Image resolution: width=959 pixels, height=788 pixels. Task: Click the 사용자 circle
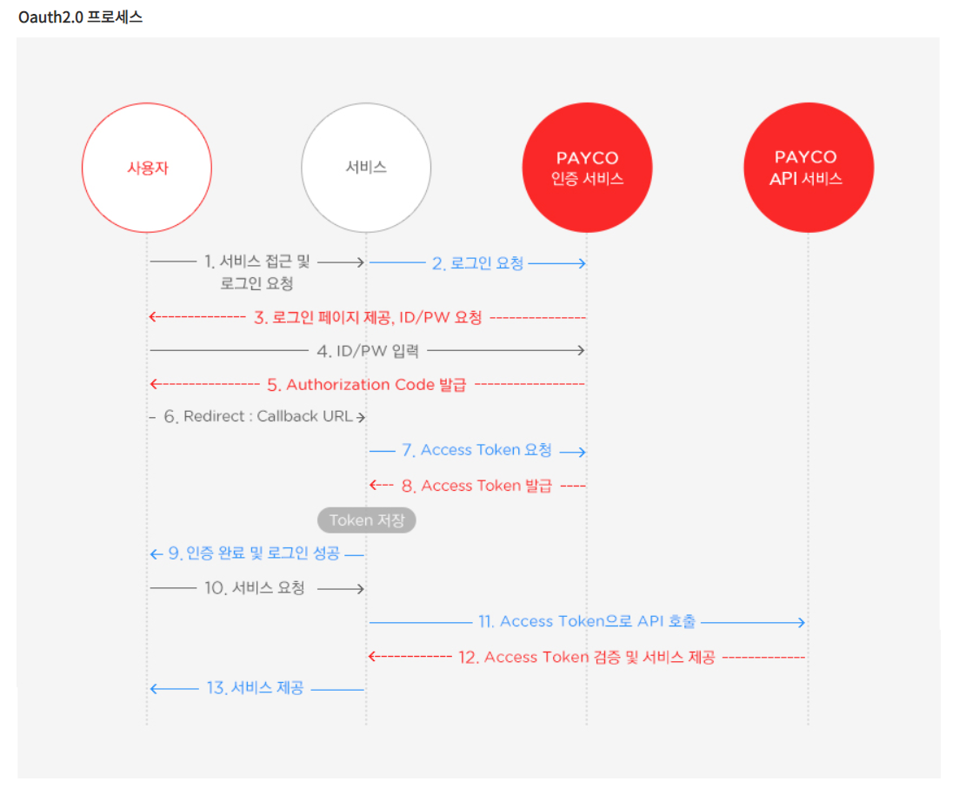[x=147, y=168]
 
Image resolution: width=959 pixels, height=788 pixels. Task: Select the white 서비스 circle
[x=366, y=168]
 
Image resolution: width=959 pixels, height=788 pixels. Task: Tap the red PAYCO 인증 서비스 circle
[x=587, y=168]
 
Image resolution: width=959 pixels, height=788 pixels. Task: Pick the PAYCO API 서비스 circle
[x=809, y=168]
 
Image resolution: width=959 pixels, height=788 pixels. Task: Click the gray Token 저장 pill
[x=367, y=520]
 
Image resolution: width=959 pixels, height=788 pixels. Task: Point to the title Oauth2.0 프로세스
[x=80, y=17]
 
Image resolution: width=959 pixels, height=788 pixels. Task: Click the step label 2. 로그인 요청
[x=477, y=263]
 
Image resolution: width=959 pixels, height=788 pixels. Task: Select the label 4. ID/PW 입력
[x=368, y=351]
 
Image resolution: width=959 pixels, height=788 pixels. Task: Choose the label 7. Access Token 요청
[x=476, y=450]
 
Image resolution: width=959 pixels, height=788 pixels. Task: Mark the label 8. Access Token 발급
[x=476, y=486]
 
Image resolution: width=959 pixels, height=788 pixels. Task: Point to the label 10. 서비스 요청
[x=255, y=588]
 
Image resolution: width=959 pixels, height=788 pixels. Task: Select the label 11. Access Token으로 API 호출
[x=587, y=621]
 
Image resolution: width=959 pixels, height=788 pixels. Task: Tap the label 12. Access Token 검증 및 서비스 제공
[x=587, y=658]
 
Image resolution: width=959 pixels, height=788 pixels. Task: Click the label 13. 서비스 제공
[x=255, y=689]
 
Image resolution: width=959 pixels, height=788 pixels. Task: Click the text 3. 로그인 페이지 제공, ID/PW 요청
[x=368, y=318]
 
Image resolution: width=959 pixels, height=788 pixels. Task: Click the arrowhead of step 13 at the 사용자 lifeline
[x=154, y=689]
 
